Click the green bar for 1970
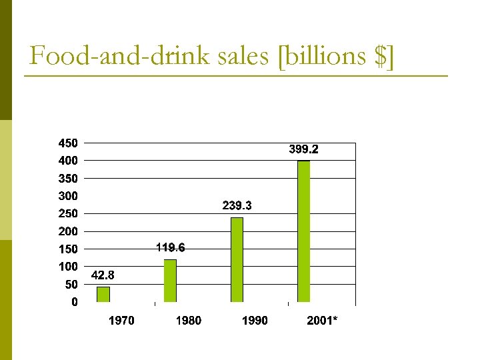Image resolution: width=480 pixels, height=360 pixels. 103,295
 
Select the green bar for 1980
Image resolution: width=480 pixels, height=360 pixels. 170,281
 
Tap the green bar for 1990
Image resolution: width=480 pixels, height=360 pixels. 237,260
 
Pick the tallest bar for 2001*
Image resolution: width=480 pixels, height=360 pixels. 303,231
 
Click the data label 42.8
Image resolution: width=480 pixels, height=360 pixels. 103,275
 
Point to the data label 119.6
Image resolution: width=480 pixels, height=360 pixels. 170,248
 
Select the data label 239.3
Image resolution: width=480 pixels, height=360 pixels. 237,206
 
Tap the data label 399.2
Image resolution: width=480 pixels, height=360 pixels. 303,149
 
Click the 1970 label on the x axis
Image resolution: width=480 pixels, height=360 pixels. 121,321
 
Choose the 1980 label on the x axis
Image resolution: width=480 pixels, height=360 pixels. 188,321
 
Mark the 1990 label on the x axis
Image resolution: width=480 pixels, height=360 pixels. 255,321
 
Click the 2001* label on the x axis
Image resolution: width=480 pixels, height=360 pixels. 322,321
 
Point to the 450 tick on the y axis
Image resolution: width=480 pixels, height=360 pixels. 67,143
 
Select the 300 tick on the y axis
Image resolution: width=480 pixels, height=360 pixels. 67,196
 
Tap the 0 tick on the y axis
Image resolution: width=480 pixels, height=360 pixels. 74,302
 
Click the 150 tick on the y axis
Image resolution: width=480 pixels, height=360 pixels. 67,249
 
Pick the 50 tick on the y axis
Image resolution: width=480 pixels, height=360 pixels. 70,284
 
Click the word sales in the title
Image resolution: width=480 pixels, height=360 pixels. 246,57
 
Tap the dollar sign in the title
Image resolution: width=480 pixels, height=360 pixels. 380,57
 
